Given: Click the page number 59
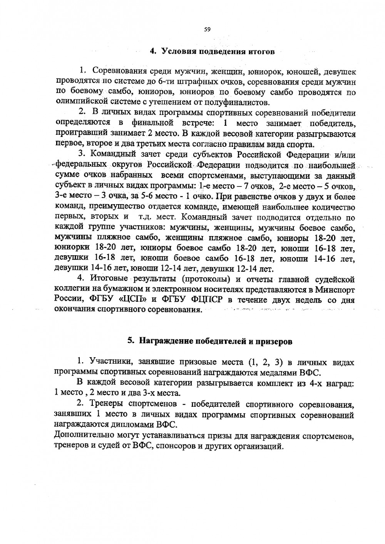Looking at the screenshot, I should [x=207, y=29].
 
